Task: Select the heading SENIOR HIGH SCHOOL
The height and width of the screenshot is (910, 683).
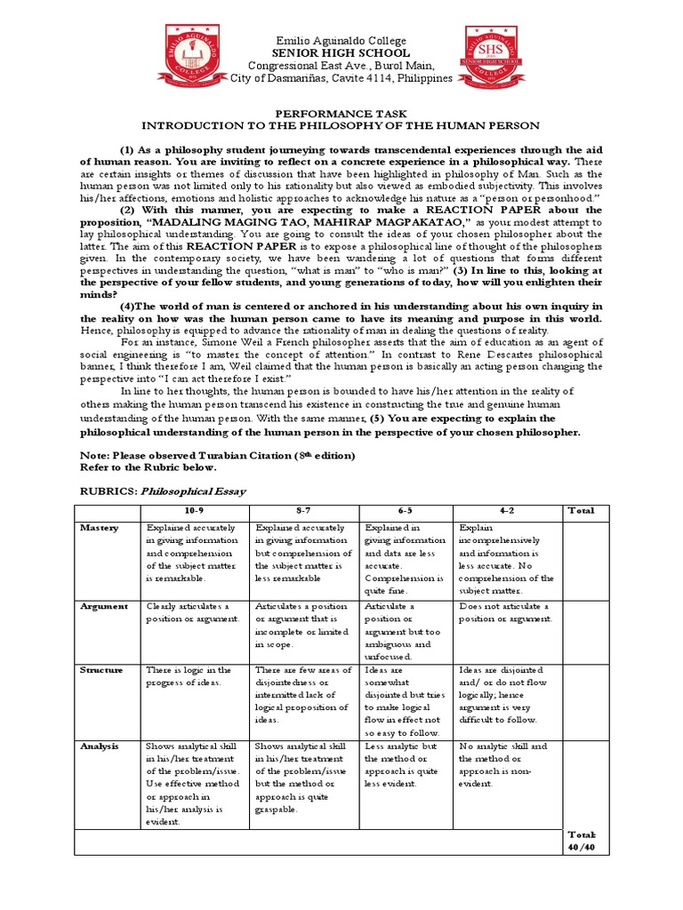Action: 341,53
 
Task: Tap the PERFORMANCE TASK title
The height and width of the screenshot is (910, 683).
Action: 341,113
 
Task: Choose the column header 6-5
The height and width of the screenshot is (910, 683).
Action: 406,510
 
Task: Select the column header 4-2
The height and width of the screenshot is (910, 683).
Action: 508,510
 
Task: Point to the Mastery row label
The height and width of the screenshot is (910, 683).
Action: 100,528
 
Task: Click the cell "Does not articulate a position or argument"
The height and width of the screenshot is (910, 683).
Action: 506,612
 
